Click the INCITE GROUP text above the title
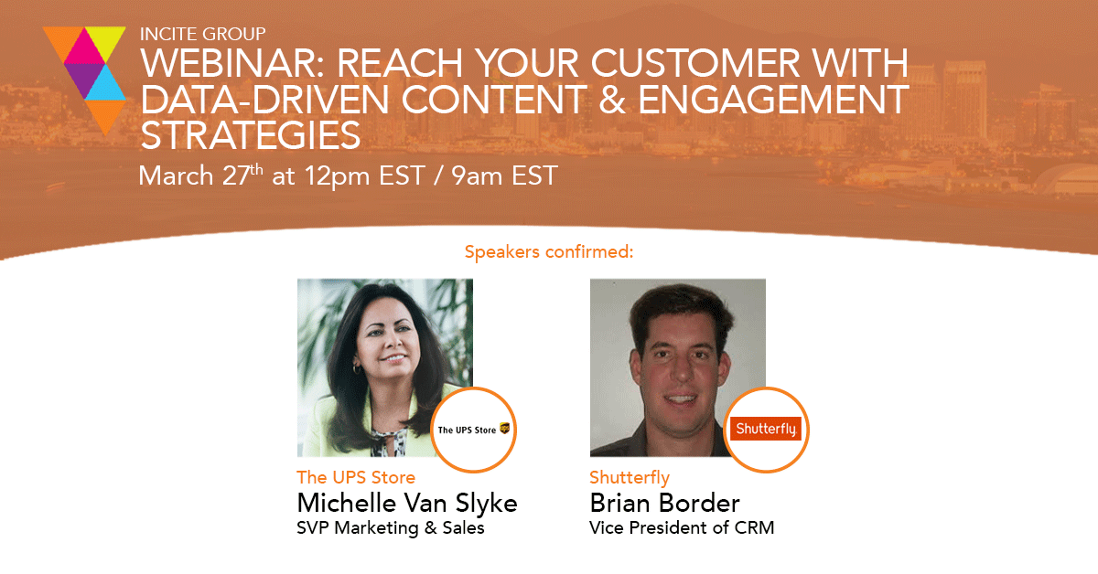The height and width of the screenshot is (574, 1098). [202, 34]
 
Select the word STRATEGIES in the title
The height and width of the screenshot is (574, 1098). [251, 135]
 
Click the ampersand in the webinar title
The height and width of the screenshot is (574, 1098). [612, 100]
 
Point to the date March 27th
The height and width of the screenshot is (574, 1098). [201, 175]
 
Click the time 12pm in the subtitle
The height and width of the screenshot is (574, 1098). [337, 176]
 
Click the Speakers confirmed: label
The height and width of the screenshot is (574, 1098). [549, 251]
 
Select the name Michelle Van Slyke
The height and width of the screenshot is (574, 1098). [407, 504]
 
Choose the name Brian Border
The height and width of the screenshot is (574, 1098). [664, 503]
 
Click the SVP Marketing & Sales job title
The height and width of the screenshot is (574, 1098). [390, 528]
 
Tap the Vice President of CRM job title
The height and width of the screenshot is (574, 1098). [682, 528]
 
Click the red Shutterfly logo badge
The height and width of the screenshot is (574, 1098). [766, 429]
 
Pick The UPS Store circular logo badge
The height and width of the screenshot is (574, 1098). [474, 430]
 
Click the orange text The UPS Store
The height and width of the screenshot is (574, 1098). [356, 477]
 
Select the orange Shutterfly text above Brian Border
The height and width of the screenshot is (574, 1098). [630, 477]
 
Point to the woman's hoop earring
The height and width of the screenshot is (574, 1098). [357, 368]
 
